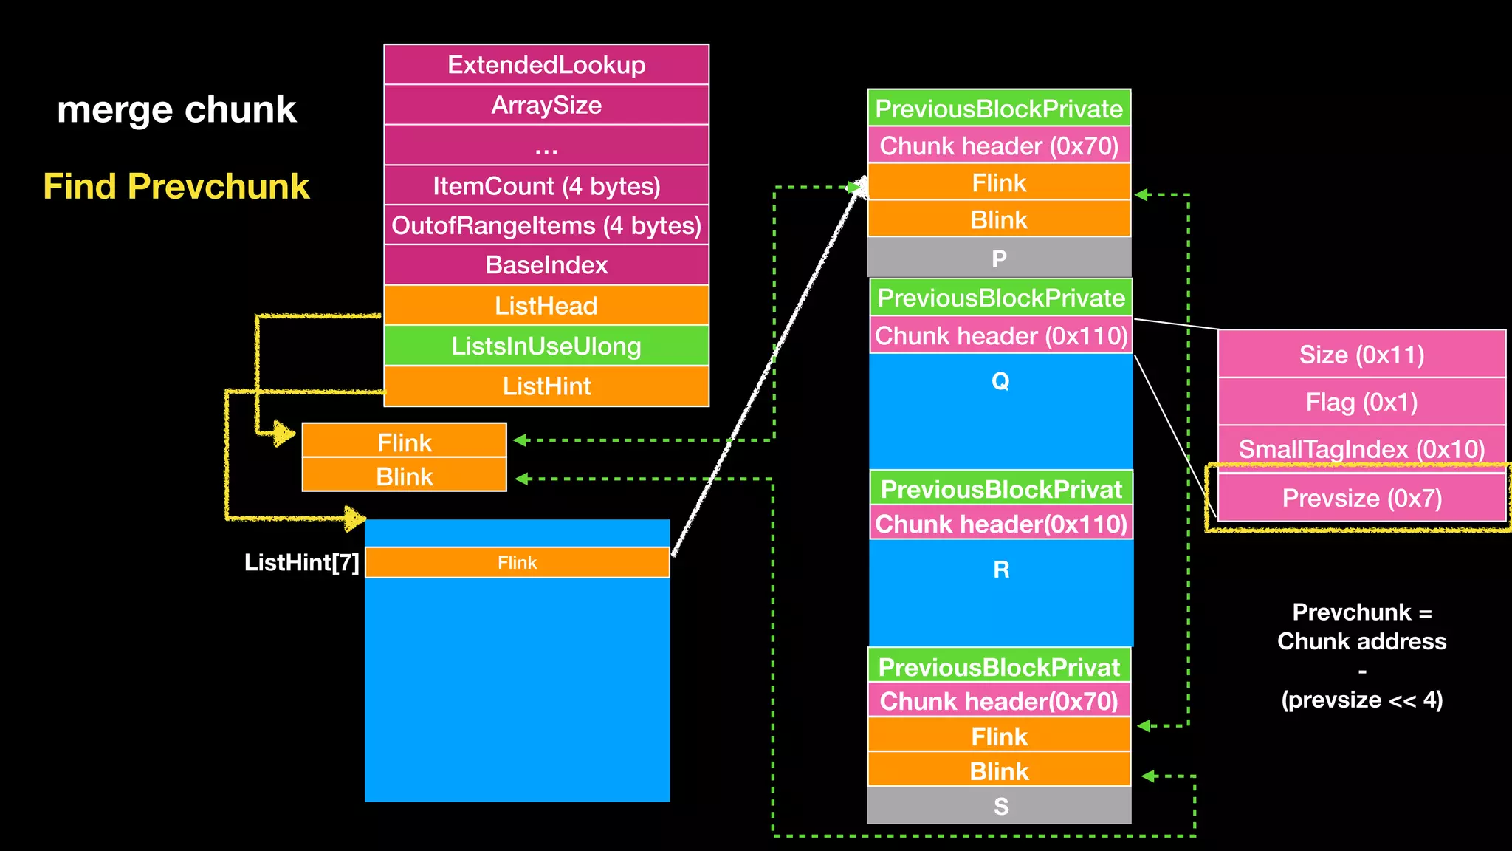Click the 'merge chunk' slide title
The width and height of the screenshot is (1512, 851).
(x=176, y=110)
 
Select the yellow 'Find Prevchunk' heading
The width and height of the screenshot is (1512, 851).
(x=176, y=186)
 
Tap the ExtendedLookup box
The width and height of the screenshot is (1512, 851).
(x=546, y=65)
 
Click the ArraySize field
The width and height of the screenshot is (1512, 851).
(x=546, y=105)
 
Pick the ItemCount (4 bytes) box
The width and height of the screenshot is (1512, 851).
(x=546, y=185)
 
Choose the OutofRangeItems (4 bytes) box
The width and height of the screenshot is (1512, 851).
(x=546, y=225)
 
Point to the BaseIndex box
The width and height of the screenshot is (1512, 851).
(x=546, y=265)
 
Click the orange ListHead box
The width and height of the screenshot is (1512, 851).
(x=546, y=305)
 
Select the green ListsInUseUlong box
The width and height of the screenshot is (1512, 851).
(x=546, y=346)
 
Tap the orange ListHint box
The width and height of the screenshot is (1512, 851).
(x=546, y=386)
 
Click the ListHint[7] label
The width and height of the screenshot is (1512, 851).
(x=301, y=563)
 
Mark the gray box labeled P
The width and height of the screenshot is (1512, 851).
(x=999, y=259)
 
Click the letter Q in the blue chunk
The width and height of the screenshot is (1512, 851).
(x=1000, y=381)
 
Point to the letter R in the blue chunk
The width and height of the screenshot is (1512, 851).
(x=1001, y=570)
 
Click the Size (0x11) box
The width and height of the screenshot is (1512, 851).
(x=1361, y=355)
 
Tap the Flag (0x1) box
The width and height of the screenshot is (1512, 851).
(x=1361, y=402)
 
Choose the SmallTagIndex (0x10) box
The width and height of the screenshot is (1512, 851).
(x=1361, y=448)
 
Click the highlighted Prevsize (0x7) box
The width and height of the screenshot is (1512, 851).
(x=1361, y=498)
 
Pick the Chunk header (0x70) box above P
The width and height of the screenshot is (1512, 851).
(x=999, y=146)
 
